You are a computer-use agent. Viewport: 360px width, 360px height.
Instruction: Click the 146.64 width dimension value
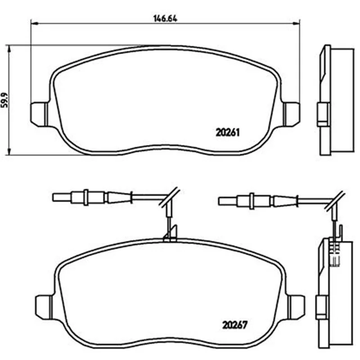(x=165, y=18)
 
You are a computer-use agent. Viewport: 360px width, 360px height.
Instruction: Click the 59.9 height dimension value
(x=4, y=100)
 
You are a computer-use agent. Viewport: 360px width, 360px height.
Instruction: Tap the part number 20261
(x=228, y=132)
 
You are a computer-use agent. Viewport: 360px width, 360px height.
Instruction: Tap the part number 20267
(x=234, y=325)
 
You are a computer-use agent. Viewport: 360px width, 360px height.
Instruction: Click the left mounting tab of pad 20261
(x=39, y=114)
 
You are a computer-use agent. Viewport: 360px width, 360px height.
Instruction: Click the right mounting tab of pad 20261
(x=292, y=114)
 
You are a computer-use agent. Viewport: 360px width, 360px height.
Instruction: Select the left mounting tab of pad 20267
(x=44, y=307)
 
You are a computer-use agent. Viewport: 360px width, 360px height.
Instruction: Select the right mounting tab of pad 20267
(x=297, y=307)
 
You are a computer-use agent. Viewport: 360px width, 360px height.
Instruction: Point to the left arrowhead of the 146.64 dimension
(x=34, y=23)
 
